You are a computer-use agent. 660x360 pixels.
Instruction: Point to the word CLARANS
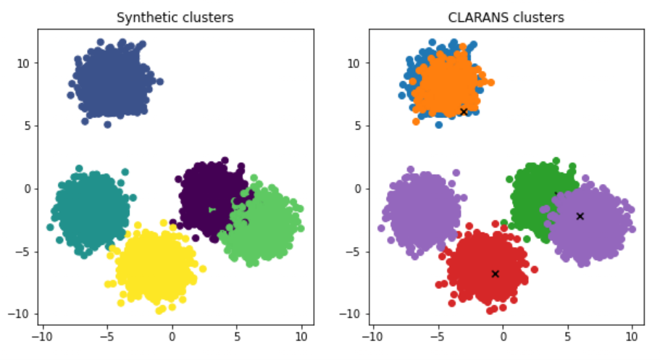(484, 17)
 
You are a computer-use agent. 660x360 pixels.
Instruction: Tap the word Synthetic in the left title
(150, 17)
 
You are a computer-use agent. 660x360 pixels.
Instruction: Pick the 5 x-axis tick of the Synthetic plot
(237, 336)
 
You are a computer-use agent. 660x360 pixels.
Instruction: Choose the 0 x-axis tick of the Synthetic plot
(172, 336)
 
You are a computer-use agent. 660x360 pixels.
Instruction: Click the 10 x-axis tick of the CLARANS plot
(632, 336)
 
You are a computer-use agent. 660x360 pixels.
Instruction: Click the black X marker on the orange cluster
(464, 112)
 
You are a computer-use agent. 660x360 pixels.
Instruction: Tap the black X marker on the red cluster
(495, 274)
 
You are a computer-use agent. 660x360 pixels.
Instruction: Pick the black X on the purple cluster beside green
(580, 216)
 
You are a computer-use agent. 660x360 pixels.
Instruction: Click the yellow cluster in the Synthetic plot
(156, 264)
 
